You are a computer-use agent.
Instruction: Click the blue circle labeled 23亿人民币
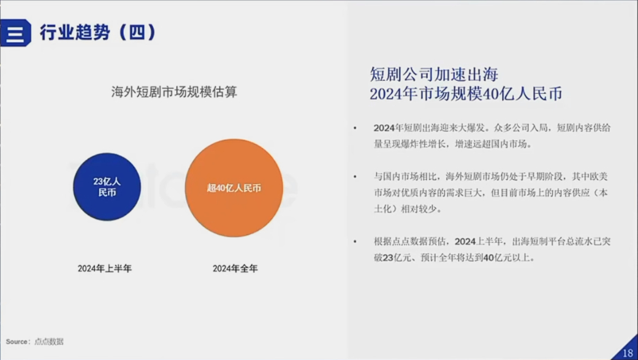[107, 187]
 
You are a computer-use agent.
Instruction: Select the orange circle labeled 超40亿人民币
[234, 188]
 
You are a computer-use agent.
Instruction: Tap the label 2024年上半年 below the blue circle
[105, 269]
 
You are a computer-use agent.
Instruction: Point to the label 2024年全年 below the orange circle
[235, 269]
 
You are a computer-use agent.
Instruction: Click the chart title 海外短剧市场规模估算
[174, 91]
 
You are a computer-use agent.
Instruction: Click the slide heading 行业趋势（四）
[97, 32]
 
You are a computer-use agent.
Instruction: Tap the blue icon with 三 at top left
[15, 33]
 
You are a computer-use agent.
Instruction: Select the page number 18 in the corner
[628, 353]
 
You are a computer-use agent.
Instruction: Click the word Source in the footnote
[17, 342]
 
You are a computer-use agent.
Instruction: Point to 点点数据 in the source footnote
[49, 342]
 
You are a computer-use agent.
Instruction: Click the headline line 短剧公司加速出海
[434, 74]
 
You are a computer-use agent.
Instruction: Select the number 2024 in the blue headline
[386, 94]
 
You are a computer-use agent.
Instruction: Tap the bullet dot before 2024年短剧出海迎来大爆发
[355, 128]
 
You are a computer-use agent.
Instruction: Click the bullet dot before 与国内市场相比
[355, 177]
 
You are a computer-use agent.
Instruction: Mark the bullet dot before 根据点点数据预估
[355, 242]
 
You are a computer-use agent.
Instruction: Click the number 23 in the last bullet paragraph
[388, 258]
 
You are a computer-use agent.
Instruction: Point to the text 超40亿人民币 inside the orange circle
[234, 188]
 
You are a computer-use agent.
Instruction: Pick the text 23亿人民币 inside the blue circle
[107, 187]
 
